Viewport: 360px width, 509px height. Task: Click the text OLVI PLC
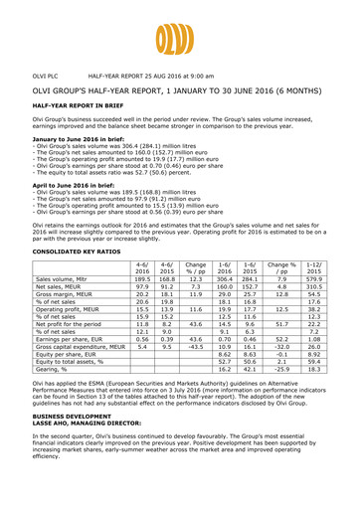[x=49, y=76]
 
